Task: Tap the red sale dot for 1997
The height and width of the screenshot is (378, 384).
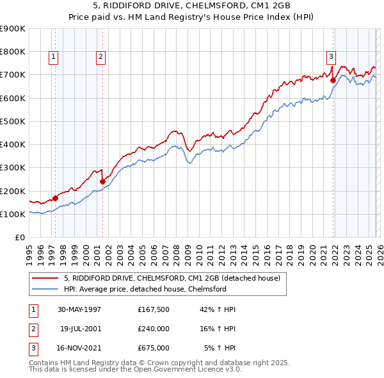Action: [56, 199]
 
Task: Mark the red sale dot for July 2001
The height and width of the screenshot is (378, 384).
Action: [102, 181]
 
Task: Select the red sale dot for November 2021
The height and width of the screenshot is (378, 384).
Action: [333, 81]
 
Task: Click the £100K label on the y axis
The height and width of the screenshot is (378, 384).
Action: [13, 214]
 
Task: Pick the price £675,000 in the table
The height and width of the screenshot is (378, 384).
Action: [154, 348]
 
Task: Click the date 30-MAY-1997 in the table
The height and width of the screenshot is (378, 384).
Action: [79, 309]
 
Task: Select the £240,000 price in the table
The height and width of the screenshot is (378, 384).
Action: [154, 329]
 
